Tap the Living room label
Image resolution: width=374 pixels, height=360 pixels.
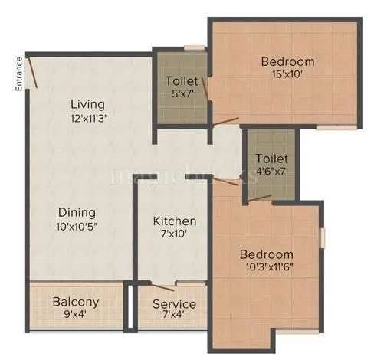point(87,104)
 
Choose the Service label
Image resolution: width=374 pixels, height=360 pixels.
point(174,305)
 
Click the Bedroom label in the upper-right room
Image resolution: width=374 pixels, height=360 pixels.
point(287,61)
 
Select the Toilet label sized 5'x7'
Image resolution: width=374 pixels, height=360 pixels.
point(182,80)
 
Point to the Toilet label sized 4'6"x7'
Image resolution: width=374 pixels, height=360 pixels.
point(271,159)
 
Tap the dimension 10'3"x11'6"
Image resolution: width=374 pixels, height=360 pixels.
point(266,268)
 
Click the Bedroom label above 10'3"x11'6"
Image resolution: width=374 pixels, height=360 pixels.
point(266,254)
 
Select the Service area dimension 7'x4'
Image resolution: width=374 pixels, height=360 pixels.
point(174,317)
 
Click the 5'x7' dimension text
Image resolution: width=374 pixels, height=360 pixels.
point(182,93)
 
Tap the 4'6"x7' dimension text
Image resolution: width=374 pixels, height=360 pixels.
point(271,172)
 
